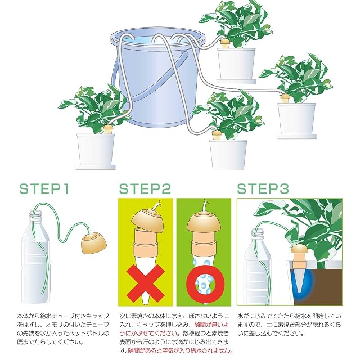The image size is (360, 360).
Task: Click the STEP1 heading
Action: [44, 189]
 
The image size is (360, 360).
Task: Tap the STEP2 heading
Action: [145, 189]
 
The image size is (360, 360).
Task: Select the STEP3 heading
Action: [263, 189]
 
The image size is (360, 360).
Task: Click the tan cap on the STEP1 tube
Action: [94, 244]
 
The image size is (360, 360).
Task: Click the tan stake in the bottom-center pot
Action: [216, 135]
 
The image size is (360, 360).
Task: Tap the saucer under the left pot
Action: [96, 167]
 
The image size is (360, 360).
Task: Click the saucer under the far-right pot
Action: [296, 137]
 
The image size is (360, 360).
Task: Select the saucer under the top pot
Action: [236, 82]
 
